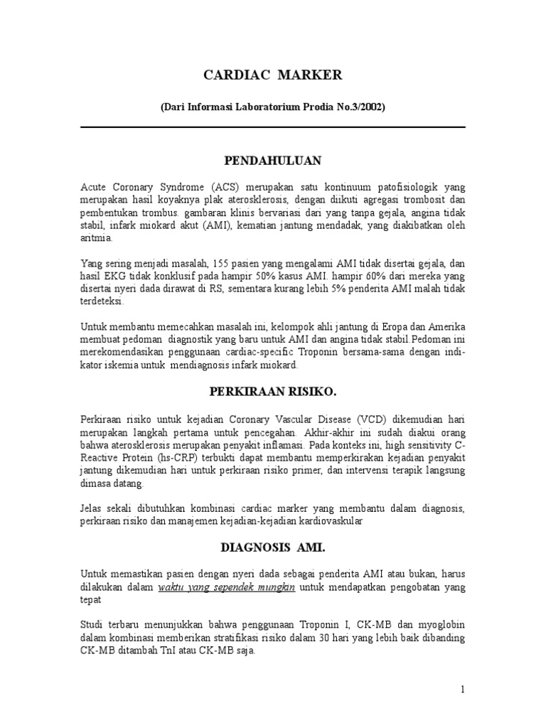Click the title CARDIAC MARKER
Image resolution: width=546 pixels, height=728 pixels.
[273, 75]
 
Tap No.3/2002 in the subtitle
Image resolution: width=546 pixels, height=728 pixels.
[361, 107]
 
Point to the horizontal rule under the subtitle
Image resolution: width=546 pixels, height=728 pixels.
[273, 127]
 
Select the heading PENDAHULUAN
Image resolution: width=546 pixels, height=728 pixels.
[273, 160]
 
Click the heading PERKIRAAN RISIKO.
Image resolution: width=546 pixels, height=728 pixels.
[273, 392]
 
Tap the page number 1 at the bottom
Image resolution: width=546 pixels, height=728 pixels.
[462, 689]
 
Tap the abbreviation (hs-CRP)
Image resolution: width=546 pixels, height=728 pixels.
[171, 458]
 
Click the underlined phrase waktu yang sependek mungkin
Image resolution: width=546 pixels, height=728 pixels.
[227, 587]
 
